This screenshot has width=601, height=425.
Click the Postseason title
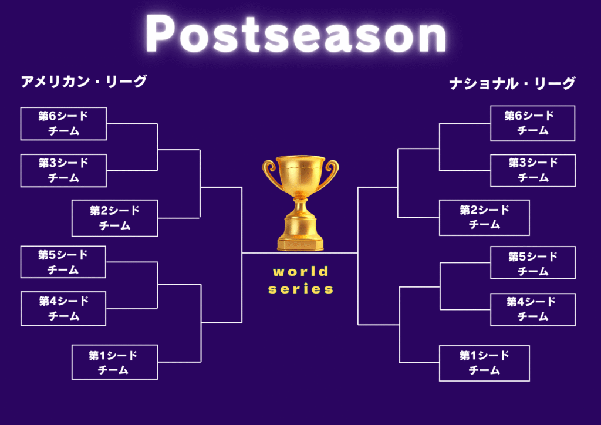[x=296, y=33]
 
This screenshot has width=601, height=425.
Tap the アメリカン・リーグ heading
[x=83, y=81]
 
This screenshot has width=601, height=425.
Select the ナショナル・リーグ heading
[x=512, y=83]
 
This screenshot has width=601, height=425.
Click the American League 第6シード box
[x=63, y=123]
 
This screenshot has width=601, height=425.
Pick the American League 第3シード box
[x=63, y=171]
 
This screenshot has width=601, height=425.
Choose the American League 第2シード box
[x=114, y=218]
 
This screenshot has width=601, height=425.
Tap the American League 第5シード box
[x=63, y=262]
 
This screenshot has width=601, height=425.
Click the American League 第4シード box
[x=63, y=309]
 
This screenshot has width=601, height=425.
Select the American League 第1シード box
[x=114, y=362]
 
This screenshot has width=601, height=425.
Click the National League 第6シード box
[x=533, y=123]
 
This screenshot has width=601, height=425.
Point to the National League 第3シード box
[x=533, y=171]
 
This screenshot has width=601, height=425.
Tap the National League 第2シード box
[x=484, y=218]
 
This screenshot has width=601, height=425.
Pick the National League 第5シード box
[x=533, y=262]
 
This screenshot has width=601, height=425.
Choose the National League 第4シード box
[x=533, y=309]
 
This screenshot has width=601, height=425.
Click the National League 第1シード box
[x=484, y=363]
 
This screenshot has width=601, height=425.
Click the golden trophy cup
[x=300, y=203]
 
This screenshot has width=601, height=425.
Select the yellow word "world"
[x=300, y=271]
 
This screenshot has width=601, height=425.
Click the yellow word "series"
[x=300, y=289]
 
